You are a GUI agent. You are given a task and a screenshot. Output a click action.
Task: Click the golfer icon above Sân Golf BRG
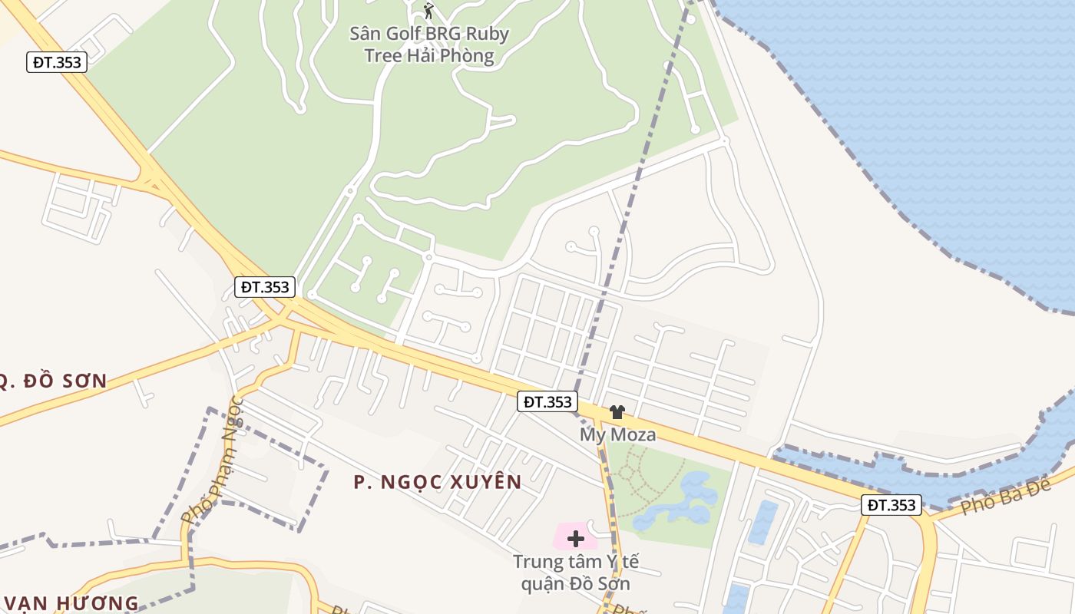click(428, 11)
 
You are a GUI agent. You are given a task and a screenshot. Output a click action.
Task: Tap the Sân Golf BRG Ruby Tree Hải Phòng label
click(429, 45)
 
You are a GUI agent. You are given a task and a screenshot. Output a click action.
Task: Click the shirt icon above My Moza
click(617, 412)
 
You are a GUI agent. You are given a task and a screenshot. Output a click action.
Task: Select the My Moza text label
click(617, 435)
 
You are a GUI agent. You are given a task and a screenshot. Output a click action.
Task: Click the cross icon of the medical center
click(576, 538)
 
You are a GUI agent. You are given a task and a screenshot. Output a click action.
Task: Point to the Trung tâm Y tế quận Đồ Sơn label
click(575, 573)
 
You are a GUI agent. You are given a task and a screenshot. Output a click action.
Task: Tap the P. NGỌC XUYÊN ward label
click(438, 482)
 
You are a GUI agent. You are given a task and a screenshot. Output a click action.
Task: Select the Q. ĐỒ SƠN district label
click(54, 381)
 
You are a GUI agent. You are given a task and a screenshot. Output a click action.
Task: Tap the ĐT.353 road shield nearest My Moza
click(547, 401)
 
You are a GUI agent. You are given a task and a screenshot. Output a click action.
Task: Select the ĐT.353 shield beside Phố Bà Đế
click(891, 505)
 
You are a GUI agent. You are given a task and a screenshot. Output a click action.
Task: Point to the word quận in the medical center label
click(541, 584)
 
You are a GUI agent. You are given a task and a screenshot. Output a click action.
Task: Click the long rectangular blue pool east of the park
click(762, 522)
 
